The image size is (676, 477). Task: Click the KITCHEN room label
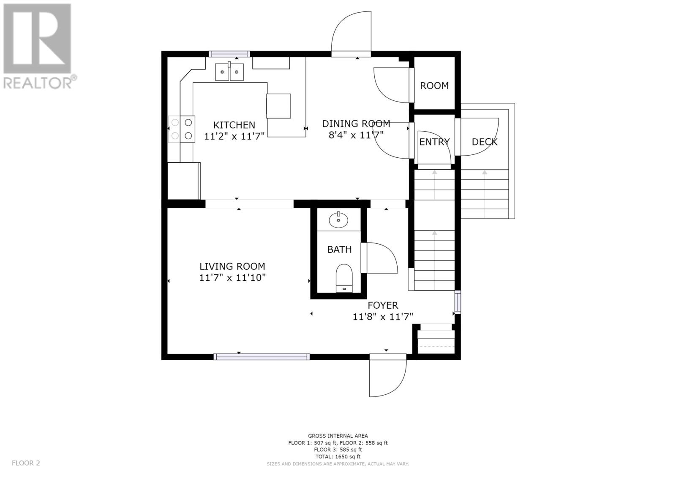pos(234,125)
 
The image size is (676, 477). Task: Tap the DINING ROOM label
pos(356,124)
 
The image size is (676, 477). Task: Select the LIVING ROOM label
pos(232,267)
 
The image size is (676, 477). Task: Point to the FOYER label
pos(383,305)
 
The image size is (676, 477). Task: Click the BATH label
pos(340,250)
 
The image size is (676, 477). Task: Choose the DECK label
pos(484,142)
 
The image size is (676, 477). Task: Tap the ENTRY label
pos(434,142)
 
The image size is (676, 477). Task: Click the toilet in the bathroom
pos(344,278)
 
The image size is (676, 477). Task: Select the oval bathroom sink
pos(338,220)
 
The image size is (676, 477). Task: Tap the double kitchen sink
pos(229,72)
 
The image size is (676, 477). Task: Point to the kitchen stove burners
pos(182,129)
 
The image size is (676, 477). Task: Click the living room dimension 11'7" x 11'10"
pos(232,278)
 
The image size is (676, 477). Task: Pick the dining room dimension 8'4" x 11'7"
pos(356,135)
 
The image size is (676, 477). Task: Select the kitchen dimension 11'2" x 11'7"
pos(234,136)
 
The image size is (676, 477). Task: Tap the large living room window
pos(262,357)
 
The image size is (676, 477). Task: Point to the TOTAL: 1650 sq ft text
pos(338,456)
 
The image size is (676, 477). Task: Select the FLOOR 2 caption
pos(26,463)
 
